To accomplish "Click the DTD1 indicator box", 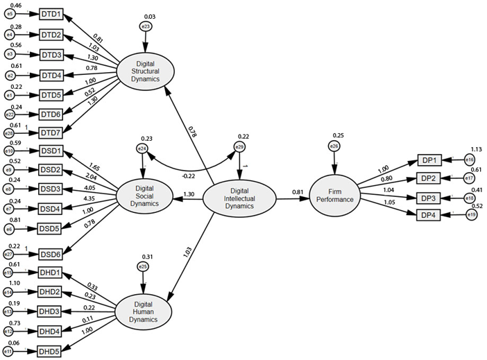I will coord(51,13).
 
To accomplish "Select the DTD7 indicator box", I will coord(51,132).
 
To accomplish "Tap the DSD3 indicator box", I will coord(51,189).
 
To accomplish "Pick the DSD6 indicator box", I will coord(51,255).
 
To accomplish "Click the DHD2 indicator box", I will coord(51,292).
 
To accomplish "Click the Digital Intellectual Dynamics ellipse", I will coord(239,199).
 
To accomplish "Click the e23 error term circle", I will coord(146,26).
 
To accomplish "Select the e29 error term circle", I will coord(239,148).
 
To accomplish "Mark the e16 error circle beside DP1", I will coord(468,160).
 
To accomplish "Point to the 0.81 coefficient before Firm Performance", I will coord(297,191).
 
